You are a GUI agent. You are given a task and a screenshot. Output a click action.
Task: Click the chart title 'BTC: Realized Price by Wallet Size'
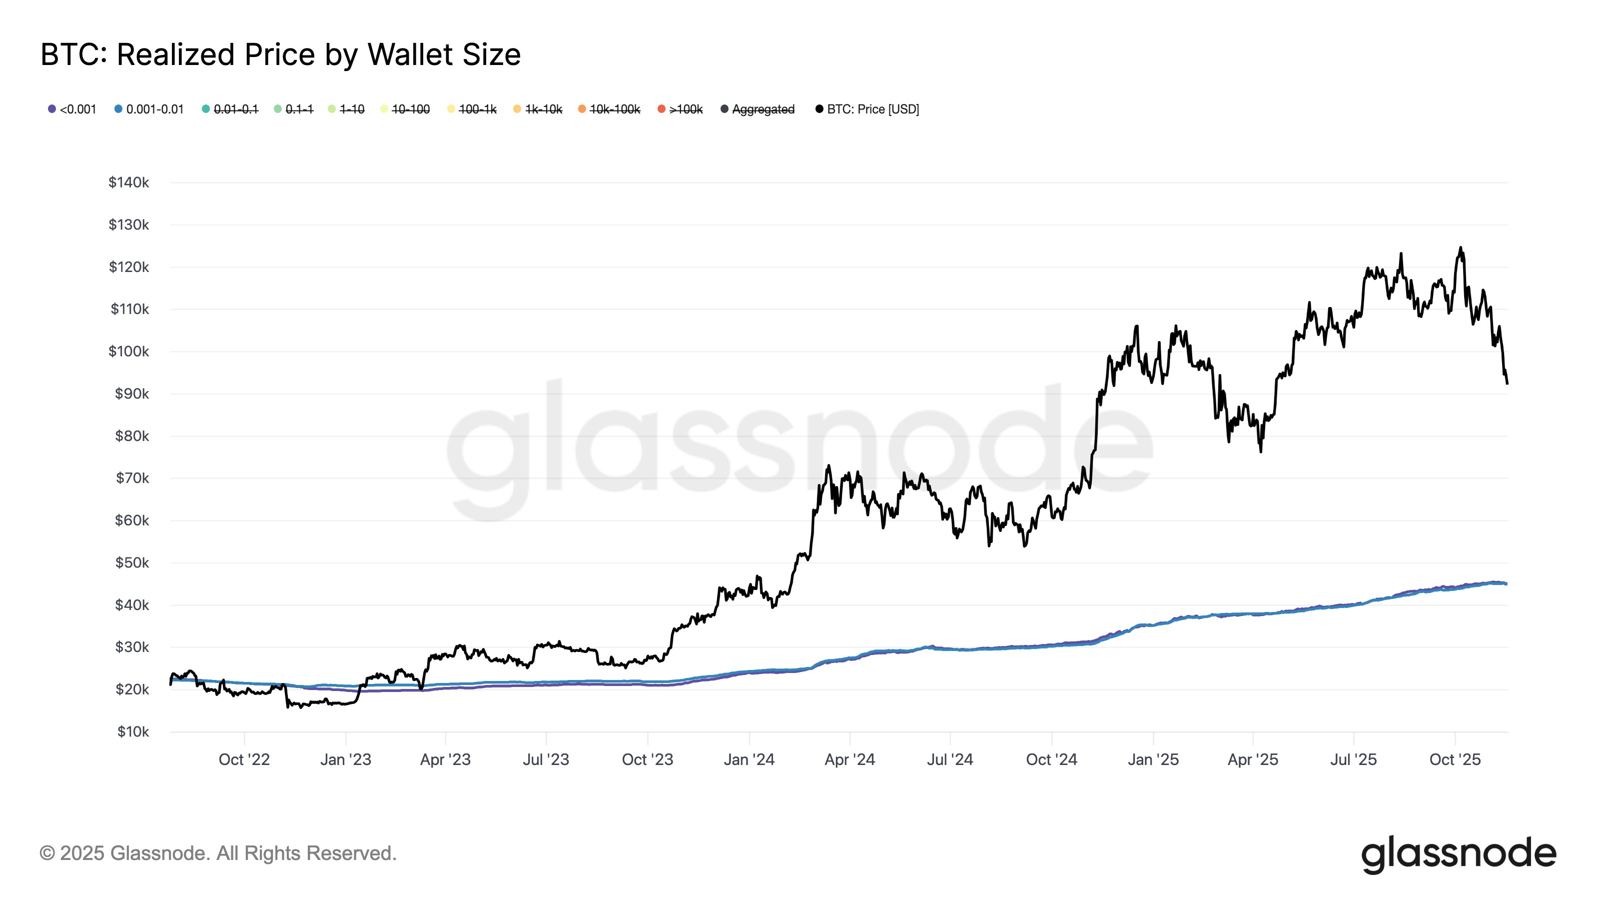(280, 54)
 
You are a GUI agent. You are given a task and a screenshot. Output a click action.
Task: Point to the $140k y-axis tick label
(128, 182)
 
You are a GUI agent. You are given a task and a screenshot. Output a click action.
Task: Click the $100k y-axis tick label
(128, 351)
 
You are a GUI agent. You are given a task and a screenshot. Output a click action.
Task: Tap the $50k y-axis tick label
(131, 562)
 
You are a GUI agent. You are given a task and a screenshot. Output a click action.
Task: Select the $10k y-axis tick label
(133, 731)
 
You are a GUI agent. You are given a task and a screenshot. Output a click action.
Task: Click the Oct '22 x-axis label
(244, 759)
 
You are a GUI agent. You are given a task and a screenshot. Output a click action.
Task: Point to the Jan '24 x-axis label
(749, 759)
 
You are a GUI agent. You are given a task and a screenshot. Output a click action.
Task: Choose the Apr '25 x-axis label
(1253, 759)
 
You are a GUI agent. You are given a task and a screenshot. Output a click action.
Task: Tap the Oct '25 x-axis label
(1455, 759)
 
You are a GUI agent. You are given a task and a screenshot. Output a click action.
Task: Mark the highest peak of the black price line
(1460, 248)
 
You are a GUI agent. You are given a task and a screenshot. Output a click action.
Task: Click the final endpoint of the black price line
(1507, 383)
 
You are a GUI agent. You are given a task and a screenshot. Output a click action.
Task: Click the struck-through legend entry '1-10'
(351, 109)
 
